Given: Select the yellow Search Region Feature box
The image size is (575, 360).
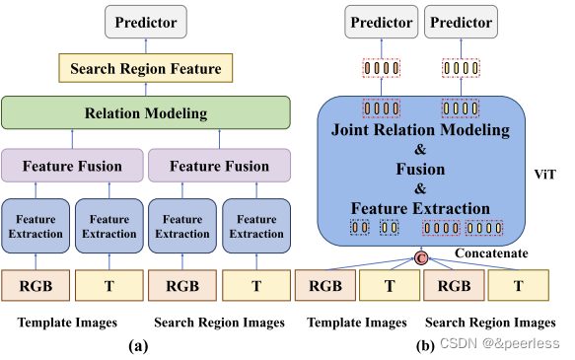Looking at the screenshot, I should tap(146, 67).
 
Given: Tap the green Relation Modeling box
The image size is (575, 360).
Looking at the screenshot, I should tap(146, 112).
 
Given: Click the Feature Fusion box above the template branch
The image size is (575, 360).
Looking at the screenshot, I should tap(72, 166).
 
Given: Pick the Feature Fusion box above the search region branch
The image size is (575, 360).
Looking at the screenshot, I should tap(219, 166).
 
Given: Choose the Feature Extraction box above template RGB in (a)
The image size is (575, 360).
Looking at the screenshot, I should tap(36, 226).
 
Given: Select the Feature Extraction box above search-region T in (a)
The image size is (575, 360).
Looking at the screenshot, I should tap(256, 226).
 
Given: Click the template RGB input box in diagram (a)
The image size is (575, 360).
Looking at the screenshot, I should tap(36, 286).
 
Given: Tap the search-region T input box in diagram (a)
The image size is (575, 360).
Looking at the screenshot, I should tap(256, 286).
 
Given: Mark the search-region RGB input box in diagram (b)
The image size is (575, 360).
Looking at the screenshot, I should tap(453, 286).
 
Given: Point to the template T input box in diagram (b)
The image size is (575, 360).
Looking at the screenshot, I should tap(390, 286).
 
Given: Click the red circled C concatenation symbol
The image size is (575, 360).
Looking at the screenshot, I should tap(420, 258).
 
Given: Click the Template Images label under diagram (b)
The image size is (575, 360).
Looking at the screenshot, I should tap(357, 323).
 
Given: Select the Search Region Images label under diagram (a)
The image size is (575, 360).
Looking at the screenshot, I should tap(218, 323).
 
